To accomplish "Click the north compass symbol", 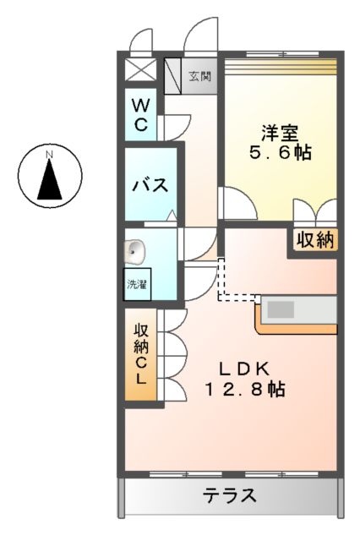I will click(x=50, y=176).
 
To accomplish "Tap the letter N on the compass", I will click(x=50, y=154).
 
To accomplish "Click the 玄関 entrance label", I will click(x=199, y=76).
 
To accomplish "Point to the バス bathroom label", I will click(x=149, y=185).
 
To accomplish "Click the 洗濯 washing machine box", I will click(x=136, y=284).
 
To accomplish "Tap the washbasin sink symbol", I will click(x=135, y=250).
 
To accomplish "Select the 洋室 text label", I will click(x=280, y=132).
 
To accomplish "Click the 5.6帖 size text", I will click(x=280, y=154).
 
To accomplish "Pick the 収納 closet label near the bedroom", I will click(x=314, y=240).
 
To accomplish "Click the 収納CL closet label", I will click(x=141, y=355).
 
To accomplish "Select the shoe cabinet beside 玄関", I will click(x=172, y=76).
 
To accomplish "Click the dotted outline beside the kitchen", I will click(x=224, y=283).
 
